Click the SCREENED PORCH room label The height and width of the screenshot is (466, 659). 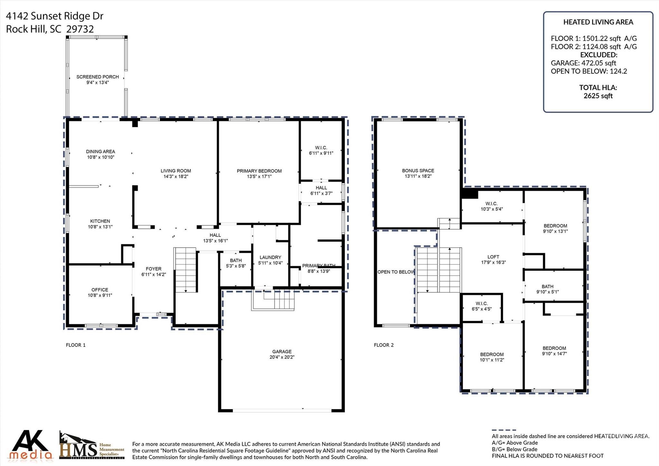point(97,77)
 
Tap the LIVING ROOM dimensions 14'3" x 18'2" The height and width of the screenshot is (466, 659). point(175,176)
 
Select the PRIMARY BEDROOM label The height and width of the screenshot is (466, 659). point(259,171)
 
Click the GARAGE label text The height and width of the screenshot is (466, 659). point(282,352)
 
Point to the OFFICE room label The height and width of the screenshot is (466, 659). point(100,290)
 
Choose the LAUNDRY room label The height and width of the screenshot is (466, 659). point(270,257)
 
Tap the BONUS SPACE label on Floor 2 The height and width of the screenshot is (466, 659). point(418,171)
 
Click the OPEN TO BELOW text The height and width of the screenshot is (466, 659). point(396,272)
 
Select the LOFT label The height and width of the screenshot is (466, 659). point(493,257)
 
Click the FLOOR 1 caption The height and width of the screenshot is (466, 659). point(76,345)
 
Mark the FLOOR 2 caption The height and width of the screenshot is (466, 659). point(384,345)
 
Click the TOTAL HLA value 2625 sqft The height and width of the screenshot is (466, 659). point(598,96)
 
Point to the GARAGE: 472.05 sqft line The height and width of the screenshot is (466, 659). point(583,63)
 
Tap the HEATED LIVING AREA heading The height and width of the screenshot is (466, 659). point(598,22)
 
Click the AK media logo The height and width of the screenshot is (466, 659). point(31,445)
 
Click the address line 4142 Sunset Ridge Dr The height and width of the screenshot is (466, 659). point(55,16)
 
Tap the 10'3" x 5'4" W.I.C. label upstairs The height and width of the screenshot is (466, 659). point(491,209)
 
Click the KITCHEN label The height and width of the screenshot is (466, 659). point(100,221)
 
